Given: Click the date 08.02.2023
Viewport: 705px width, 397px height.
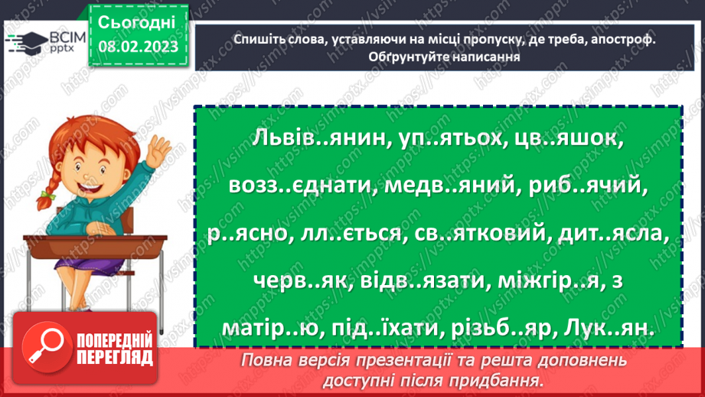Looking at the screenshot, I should [x=138, y=47].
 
